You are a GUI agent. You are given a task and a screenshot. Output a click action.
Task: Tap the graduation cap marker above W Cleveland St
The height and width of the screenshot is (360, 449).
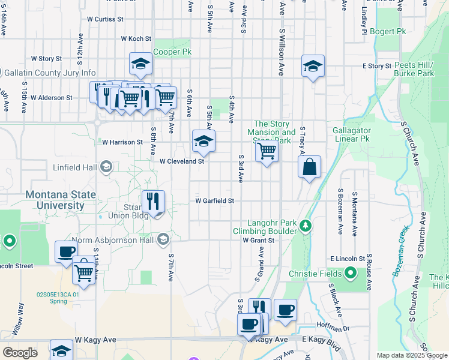pos(203,141)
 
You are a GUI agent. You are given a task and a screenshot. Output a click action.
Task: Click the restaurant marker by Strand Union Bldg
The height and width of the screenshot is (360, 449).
pos(154,202)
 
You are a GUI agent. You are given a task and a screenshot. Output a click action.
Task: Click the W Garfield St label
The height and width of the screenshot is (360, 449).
pos(214,201)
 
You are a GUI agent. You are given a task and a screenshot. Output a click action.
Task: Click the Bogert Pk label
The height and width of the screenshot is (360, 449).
pos(388,31)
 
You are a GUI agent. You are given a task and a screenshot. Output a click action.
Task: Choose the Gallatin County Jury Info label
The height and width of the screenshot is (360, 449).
pos(50,73)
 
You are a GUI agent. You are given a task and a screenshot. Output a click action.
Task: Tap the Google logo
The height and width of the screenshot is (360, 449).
pos(20,352)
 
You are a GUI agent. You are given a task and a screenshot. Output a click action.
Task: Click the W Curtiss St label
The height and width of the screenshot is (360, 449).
pos(105,19)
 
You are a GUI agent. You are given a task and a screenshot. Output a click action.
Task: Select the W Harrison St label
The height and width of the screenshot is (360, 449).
pos(122,143)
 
